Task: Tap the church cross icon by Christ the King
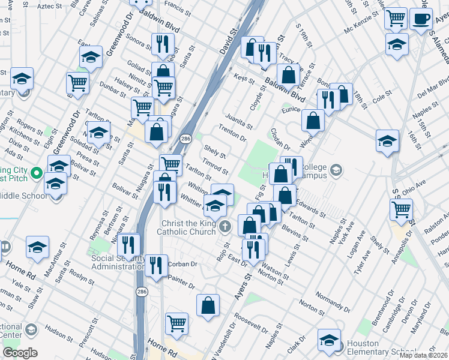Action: point(225,226)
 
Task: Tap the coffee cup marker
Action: point(421,18)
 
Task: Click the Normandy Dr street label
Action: point(331,298)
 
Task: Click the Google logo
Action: point(20,353)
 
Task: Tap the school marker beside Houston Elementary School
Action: point(329,340)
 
